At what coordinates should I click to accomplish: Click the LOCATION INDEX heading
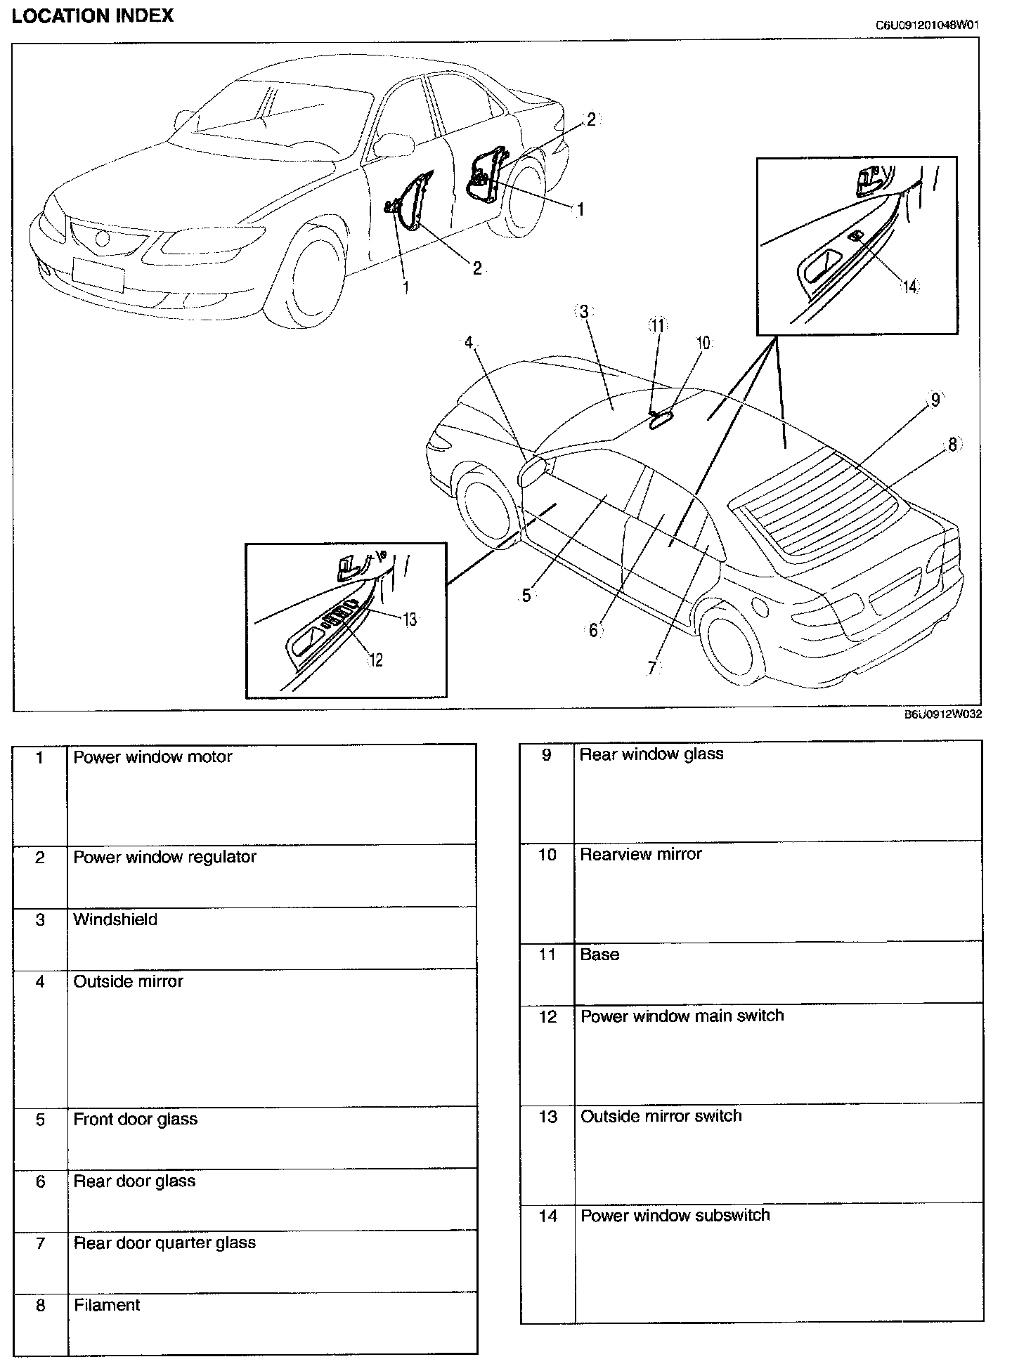click(x=92, y=15)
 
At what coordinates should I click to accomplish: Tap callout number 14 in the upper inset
click(x=909, y=287)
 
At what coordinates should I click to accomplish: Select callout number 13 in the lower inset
click(x=409, y=619)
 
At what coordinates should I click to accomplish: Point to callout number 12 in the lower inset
click(x=376, y=660)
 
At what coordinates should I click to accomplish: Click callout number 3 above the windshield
click(x=584, y=311)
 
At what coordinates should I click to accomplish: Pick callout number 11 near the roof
click(x=657, y=325)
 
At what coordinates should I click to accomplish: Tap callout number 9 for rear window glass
click(x=935, y=400)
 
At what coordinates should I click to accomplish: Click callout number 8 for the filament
click(x=952, y=445)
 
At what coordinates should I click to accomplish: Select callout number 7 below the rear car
click(x=651, y=668)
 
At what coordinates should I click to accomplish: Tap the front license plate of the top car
click(x=98, y=273)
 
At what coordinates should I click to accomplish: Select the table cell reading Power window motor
click(x=153, y=756)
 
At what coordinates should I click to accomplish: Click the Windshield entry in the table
click(x=115, y=919)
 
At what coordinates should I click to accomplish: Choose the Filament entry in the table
click(x=107, y=1305)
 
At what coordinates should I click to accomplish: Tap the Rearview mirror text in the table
click(x=641, y=854)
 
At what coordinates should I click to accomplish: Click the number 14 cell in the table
click(x=547, y=1216)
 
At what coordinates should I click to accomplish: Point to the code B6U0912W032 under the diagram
click(x=942, y=715)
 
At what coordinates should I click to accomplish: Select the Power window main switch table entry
click(x=682, y=1016)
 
